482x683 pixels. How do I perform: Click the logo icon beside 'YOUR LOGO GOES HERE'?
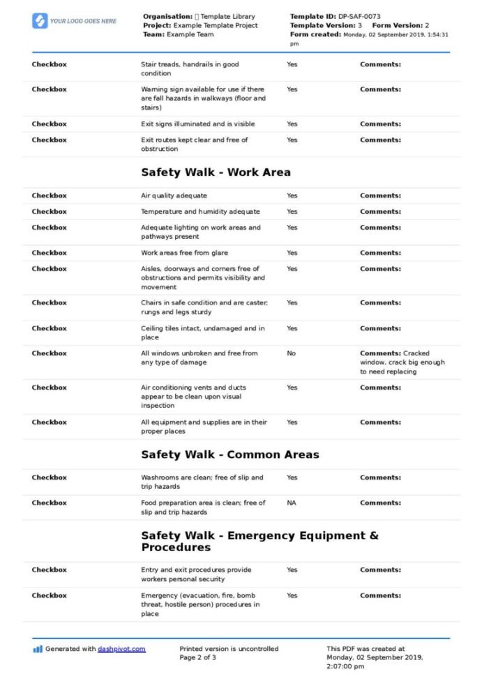pos(40,21)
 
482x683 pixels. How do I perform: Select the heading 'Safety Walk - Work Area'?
pos(216,172)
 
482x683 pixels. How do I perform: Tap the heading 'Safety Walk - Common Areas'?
pos(229,455)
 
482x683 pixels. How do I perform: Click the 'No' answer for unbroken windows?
pos(291,353)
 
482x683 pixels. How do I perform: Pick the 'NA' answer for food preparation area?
pos(291,503)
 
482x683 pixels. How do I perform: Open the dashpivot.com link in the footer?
pos(121,649)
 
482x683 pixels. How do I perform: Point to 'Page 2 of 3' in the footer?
pos(197,658)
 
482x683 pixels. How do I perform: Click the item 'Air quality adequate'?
pos(174,196)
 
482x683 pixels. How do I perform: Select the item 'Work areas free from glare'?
pos(184,253)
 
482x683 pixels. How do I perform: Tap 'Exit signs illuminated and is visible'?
pos(197,124)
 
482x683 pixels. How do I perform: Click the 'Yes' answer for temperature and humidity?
pos(292,212)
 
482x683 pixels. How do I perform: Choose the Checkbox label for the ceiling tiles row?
pos(49,328)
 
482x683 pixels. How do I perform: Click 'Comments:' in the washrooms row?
pos(380,478)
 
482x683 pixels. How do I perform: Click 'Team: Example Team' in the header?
pos(178,34)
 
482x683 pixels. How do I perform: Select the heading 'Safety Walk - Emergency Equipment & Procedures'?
pos(259,541)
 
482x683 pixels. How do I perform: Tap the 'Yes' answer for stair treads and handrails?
pos(292,64)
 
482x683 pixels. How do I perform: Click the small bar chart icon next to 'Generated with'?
pos(38,649)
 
